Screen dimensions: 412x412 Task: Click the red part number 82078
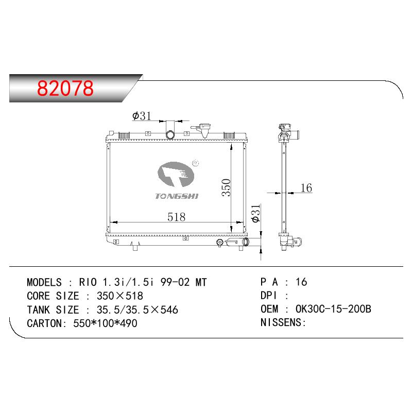65,88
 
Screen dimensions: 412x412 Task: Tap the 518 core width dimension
176,217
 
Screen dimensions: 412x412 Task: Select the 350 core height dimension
226,187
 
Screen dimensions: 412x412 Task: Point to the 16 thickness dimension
306,188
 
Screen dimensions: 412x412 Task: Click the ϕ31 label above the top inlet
142,115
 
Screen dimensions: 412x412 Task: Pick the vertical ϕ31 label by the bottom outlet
255,214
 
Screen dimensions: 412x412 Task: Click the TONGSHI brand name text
176,196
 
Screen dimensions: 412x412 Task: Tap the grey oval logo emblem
176,175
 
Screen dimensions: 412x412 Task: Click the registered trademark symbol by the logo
196,163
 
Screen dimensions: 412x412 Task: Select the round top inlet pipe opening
170,135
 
